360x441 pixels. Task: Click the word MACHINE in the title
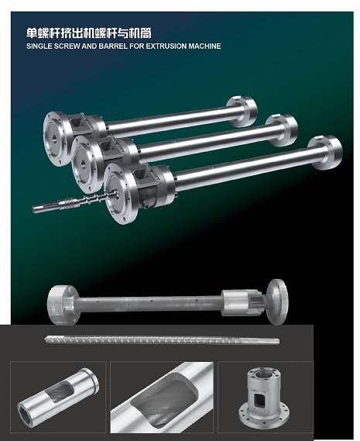205,47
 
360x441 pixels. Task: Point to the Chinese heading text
89,33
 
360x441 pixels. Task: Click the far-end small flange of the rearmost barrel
242,112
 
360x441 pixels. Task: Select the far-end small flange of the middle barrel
282,130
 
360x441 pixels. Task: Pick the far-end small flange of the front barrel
325,153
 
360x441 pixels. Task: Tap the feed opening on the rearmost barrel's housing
76,122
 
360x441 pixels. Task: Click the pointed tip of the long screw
46,339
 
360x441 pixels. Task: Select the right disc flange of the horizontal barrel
277,301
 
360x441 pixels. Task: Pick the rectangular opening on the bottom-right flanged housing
259,400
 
